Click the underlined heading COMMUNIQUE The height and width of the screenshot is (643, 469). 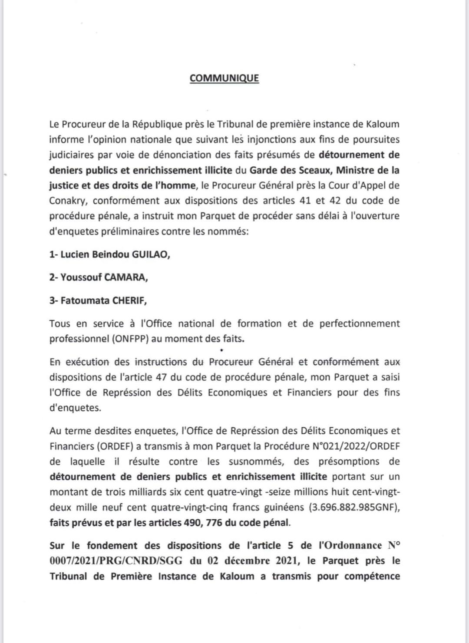tap(224, 78)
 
